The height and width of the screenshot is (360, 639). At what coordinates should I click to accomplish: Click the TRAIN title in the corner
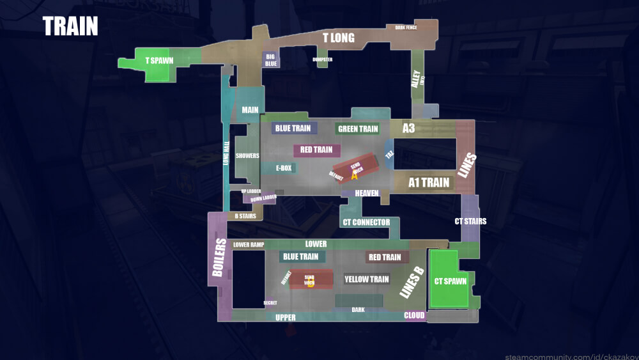70,27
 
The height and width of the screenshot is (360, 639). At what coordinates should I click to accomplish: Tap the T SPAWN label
159,61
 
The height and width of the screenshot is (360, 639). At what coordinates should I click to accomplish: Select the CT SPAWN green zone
450,280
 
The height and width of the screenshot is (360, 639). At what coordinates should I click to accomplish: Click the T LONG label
338,38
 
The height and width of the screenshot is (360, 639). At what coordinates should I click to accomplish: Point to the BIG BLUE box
271,60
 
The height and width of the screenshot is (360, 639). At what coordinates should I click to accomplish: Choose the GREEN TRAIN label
358,129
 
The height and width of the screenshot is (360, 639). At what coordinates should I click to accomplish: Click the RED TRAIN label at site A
316,150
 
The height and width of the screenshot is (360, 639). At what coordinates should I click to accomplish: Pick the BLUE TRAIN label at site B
300,257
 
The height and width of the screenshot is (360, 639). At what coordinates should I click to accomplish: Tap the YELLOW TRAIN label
366,279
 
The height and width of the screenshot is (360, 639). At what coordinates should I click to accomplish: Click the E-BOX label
284,168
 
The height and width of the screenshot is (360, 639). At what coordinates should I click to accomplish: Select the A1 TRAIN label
429,183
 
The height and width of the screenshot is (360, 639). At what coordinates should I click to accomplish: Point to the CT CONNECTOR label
366,223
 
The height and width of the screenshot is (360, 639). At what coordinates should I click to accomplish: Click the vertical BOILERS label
219,258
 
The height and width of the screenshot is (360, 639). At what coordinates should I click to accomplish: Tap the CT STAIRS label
470,221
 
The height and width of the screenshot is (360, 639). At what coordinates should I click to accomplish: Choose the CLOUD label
414,315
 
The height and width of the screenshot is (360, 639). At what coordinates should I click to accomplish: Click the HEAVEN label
367,193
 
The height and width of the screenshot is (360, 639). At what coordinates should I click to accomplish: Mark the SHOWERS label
247,156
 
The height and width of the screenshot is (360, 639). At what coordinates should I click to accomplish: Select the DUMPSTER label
323,59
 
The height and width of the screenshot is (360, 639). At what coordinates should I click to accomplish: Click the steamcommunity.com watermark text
570,356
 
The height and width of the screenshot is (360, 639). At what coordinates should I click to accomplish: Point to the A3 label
408,129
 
